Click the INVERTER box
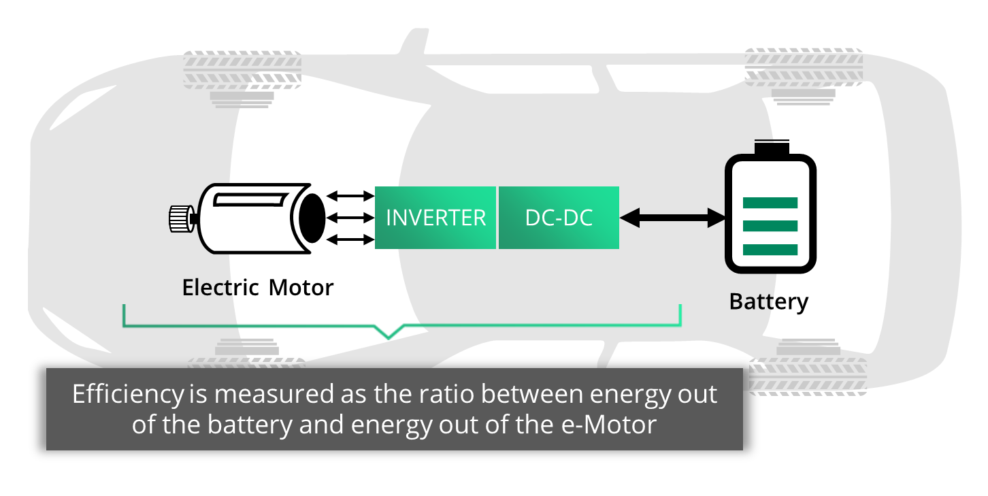coord(435,218)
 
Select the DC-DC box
coord(559,218)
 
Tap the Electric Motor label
coord(258,288)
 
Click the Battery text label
coord(768,301)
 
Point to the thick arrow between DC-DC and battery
coord(673,218)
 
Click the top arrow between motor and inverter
coord(350,196)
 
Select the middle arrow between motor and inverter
coord(350,218)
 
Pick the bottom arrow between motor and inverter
coord(350,239)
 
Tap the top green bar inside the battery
coord(770,203)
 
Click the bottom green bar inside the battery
coord(770,249)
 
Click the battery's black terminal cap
coord(771,148)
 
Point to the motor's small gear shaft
coord(181,218)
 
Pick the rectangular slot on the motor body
coord(250,199)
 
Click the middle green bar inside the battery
coord(770,226)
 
